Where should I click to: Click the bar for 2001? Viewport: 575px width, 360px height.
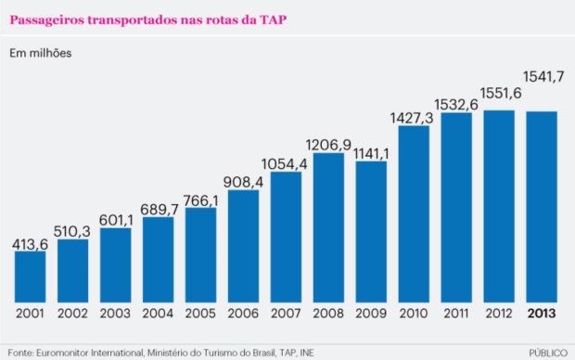(30, 276)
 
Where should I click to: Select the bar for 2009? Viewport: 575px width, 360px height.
(371, 232)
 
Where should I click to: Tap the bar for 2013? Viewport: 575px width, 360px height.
(542, 207)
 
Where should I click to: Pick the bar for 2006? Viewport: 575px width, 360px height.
(243, 246)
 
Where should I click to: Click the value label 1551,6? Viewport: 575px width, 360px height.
(501, 94)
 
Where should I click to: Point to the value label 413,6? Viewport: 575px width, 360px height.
(30, 244)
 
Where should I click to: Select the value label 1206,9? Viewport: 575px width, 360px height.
(328, 146)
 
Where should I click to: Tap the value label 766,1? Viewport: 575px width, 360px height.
(200, 200)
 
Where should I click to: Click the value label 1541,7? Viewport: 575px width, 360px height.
(543, 77)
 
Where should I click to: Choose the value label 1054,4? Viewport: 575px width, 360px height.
(285, 164)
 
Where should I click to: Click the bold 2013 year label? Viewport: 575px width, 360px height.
(542, 314)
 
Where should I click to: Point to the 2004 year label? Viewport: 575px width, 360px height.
(158, 314)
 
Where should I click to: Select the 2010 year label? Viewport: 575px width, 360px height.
(414, 314)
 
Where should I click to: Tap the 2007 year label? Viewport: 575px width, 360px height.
(286, 314)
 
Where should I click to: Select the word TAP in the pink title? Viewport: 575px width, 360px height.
(273, 19)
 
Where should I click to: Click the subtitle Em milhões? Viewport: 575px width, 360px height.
(40, 53)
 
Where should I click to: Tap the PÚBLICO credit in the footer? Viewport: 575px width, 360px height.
(548, 353)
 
